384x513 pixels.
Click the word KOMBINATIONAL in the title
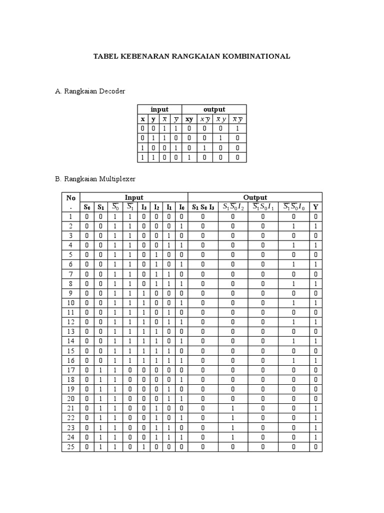coord(258,57)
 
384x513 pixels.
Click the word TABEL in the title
coord(106,57)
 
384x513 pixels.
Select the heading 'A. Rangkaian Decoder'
coord(90,91)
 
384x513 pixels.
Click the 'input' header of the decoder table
coord(159,109)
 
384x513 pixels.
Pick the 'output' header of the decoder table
coord(214,109)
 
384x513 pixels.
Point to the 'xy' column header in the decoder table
coord(189,119)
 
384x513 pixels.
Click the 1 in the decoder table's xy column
coord(189,157)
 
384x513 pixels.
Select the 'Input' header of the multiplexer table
coord(133,197)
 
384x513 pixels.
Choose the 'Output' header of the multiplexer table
coord(255,197)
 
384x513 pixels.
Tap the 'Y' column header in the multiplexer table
coord(315,207)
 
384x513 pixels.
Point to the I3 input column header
coord(144,207)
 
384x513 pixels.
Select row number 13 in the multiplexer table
coord(70,331)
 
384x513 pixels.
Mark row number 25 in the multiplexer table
coord(70,446)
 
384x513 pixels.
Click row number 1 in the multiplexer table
coord(70,216)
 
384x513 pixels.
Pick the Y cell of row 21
coord(315,408)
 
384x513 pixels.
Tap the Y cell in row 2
coord(315,226)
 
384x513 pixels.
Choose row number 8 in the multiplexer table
coord(70,284)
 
